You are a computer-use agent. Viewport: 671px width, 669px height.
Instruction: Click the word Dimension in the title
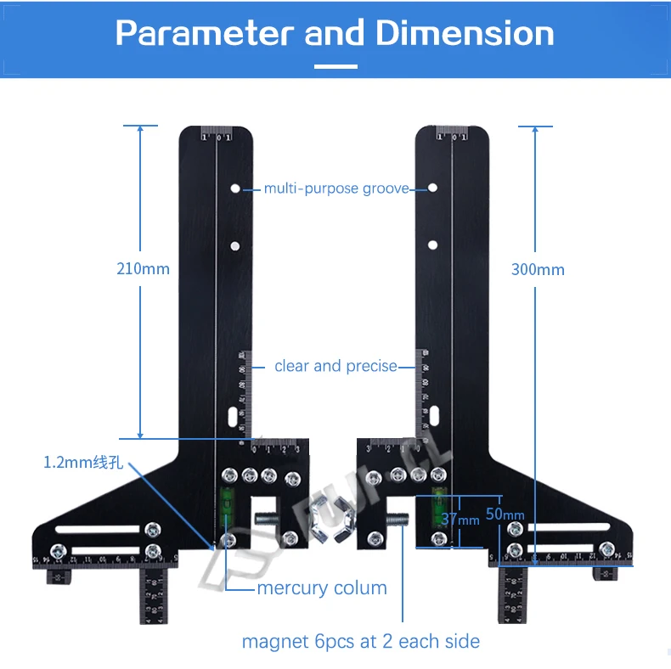[465, 33]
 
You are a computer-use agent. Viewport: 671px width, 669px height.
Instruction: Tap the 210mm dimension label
[143, 269]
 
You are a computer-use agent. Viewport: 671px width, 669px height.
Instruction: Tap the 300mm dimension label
[537, 269]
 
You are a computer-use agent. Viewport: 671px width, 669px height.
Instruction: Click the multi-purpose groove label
[336, 188]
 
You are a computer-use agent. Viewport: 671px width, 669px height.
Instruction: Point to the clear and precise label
[335, 367]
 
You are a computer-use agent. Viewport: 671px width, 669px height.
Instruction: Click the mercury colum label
[322, 588]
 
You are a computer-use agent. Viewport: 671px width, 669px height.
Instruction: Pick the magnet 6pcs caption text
[360, 642]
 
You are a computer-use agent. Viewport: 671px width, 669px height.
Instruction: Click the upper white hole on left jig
[234, 188]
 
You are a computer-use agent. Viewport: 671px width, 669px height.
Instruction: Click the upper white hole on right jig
[432, 187]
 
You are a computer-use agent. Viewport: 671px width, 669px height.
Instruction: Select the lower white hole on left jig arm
[234, 246]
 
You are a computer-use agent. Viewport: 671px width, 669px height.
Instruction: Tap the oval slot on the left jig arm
[231, 417]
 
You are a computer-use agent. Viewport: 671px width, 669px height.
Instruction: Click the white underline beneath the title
[335, 66]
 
